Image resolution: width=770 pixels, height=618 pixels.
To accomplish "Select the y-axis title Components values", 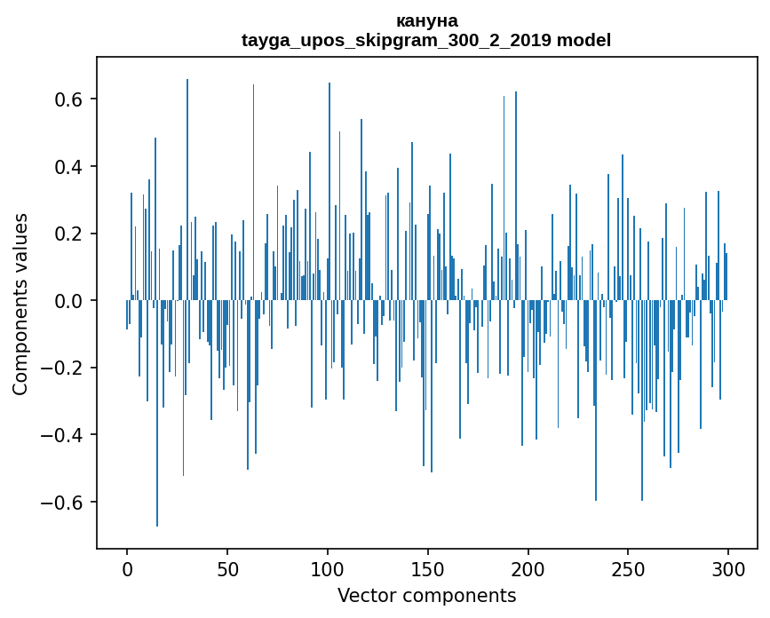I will pyautogui.click(x=20, y=304).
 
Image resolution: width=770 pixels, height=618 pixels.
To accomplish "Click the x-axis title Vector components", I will pyautogui.click(x=426, y=595).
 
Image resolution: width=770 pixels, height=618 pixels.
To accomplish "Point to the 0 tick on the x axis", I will pyautogui.click(x=127, y=568).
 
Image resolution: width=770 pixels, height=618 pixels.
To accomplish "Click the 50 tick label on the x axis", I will pyautogui.click(x=227, y=568).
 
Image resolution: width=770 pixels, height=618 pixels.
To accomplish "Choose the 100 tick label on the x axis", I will pyautogui.click(x=328, y=568).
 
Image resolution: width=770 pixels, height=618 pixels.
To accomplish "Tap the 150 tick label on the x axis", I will pyautogui.click(x=428, y=568).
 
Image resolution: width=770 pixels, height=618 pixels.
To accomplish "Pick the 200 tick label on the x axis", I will pyautogui.click(x=528, y=568).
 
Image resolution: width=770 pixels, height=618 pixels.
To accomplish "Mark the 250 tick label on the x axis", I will pyautogui.click(x=629, y=568).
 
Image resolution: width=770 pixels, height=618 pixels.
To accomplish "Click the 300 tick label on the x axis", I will pyautogui.click(x=729, y=568).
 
